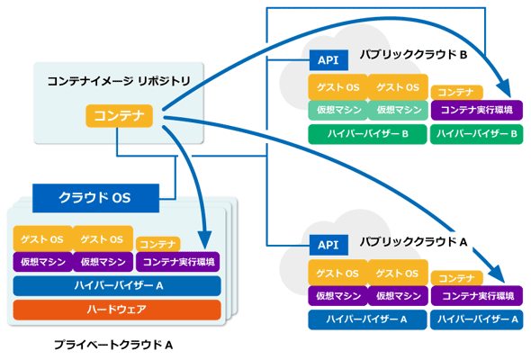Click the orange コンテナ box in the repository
(119, 116)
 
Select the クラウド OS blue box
(95, 198)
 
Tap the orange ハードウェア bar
(117, 310)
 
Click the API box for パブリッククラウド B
(328, 60)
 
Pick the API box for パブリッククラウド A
(328, 245)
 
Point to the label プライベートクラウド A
(113, 345)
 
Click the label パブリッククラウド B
(413, 55)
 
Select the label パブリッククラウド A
(413, 242)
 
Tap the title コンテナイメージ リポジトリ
(119, 81)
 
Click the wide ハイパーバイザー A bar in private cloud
(117, 286)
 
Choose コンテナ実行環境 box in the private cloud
(178, 262)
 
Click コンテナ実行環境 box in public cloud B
(477, 110)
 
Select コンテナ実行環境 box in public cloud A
(477, 296)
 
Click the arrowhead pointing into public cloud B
(504, 88)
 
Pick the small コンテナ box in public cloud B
(456, 93)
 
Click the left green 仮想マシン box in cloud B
(338, 110)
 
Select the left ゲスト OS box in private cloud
(42, 239)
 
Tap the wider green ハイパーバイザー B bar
(367, 134)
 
